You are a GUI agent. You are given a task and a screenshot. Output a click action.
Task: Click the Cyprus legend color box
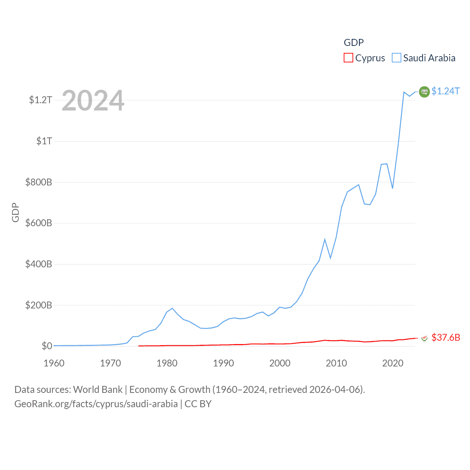pyautogui.click(x=348, y=58)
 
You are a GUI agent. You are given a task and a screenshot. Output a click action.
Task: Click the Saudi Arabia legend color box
pyautogui.click(x=397, y=58)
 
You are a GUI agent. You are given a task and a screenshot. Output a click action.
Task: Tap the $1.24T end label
pyautogui.click(x=445, y=91)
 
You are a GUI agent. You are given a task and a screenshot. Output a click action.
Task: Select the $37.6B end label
pyautogui.click(x=446, y=337)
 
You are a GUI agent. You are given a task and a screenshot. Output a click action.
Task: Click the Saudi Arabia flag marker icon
pyautogui.click(x=424, y=92)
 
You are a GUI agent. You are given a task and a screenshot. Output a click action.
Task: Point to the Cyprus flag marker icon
pyautogui.click(x=424, y=338)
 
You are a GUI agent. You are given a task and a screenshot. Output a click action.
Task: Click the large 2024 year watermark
pyautogui.click(x=93, y=101)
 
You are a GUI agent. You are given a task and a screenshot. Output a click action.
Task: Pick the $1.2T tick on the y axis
pyautogui.click(x=40, y=100)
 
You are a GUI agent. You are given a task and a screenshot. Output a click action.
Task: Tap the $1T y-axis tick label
pyautogui.click(x=44, y=141)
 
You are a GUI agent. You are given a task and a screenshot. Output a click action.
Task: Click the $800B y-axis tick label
pyautogui.click(x=39, y=182)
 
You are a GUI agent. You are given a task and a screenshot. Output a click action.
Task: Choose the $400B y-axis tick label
pyautogui.click(x=39, y=264)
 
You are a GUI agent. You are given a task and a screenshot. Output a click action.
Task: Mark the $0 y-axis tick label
pyautogui.click(x=47, y=346)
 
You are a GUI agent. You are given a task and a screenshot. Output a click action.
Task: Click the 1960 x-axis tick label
pyautogui.click(x=54, y=363)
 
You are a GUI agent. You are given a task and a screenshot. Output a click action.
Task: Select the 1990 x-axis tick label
pyautogui.click(x=223, y=363)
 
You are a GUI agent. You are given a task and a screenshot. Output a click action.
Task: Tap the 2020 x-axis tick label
pyautogui.click(x=393, y=363)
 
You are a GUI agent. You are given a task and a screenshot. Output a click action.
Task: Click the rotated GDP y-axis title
pyautogui.click(x=15, y=212)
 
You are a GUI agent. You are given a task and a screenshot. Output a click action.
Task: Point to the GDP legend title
pyautogui.click(x=354, y=43)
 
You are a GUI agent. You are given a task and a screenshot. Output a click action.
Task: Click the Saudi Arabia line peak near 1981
pyautogui.click(x=172, y=308)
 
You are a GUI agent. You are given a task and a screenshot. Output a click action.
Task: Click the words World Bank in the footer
pyautogui.click(x=98, y=390)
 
